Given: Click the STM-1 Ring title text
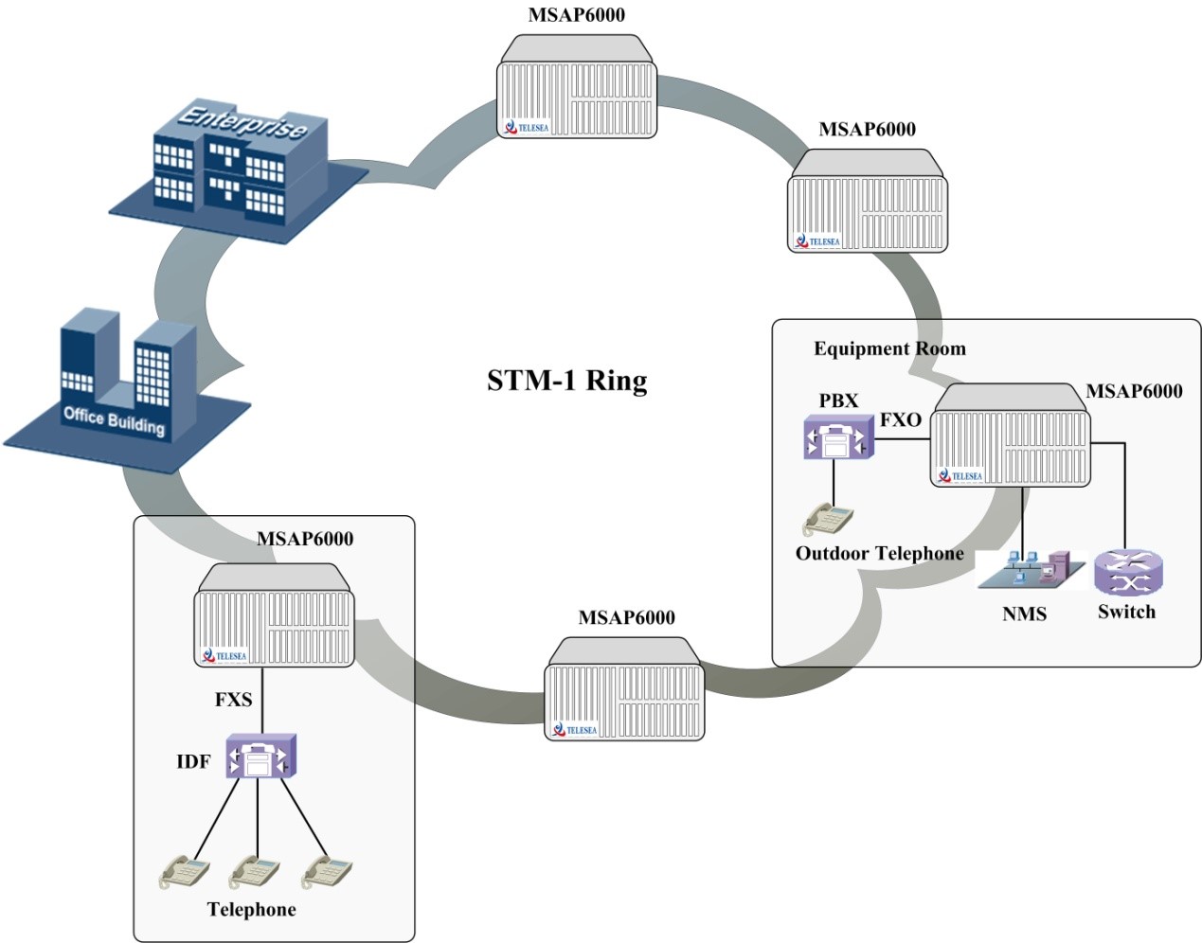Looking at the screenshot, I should tap(566, 381).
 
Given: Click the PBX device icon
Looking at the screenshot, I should tap(837, 438).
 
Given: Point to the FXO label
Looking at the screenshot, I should tap(900, 419).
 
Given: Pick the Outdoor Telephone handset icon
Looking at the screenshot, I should tap(828, 519).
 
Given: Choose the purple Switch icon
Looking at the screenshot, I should tap(1127, 573).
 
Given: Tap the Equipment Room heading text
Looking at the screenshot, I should tap(889, 348).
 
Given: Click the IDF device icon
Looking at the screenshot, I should tap(260, 756).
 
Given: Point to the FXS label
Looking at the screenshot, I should tap(233, 700).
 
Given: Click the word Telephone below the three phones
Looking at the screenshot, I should tap(251, 910).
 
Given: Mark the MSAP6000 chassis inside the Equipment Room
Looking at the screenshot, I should tap(1011, 436).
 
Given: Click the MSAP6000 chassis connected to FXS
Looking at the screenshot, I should tap(274, 616).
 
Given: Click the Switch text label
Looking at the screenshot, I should tap(1126, 612).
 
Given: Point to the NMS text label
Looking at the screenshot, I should tap(1024, 614).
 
